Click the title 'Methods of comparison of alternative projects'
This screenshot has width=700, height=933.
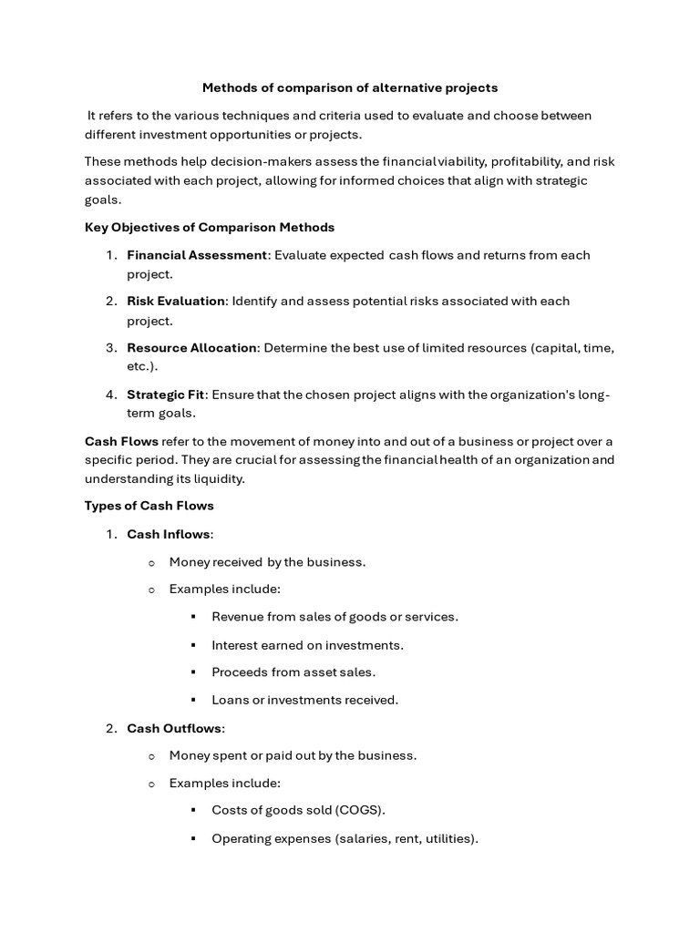[x=350, y=88]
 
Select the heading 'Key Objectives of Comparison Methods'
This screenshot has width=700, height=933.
[x=210, y=227]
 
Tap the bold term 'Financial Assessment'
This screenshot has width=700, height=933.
[x=197, y=255]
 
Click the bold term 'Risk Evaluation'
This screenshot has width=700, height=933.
[x=176, y=301]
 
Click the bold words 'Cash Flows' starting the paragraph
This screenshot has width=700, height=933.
[x=121, y=441]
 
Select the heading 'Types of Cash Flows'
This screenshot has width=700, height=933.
[x=149, y=506]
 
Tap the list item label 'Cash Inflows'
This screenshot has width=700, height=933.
[x=169, y=534]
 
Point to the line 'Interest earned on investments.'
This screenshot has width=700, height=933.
[x=307, y=645]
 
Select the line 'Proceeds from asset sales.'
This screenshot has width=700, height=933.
[x=293, y=672]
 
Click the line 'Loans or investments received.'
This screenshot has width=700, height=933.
[x=304, y=700]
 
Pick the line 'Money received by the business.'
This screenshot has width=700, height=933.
[x=267, y=562]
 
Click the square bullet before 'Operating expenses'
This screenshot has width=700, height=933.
[x=193, y=838]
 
